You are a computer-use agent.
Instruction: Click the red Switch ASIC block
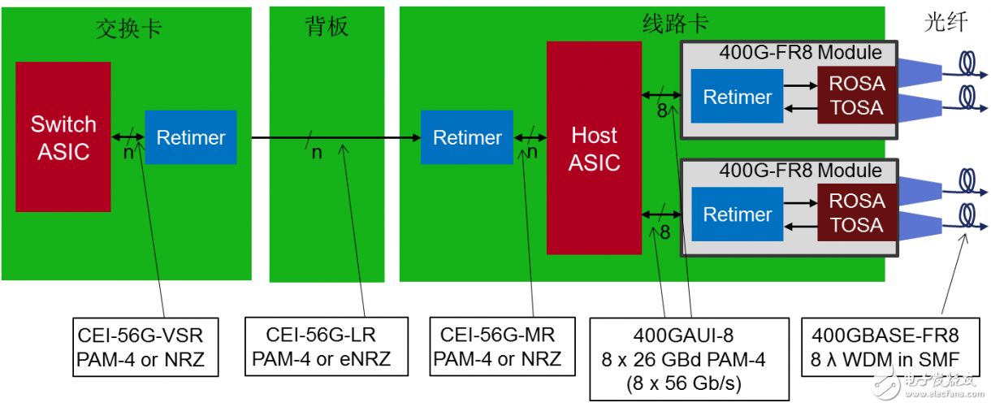click(x=63, y=136)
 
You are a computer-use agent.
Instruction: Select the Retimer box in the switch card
click(x=190, y=137)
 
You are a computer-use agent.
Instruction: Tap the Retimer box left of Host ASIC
click(x=466, y=137)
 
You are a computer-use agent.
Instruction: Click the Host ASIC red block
click(x=594, y=148)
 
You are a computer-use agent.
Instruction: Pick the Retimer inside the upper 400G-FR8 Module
click(x=737, y=97)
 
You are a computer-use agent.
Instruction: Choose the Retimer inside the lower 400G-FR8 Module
click(x=737, y=214)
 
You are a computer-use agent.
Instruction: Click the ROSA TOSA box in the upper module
click(x=856, y=95)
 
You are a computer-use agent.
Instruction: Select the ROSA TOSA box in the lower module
click(x=856, y=213)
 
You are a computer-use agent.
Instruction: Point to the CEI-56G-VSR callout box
click(x=145, y=347)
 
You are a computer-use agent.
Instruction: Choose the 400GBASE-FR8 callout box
click(x=885, y=347)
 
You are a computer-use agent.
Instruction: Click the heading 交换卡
click(x=128, y=28)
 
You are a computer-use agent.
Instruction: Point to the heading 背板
click(x=327, y=28)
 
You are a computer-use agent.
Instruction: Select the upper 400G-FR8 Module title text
click(x=799, y=53)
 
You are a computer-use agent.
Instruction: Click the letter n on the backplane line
click(x=317, y=153)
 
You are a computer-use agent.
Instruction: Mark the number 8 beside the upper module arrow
click(x=662, y=110)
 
